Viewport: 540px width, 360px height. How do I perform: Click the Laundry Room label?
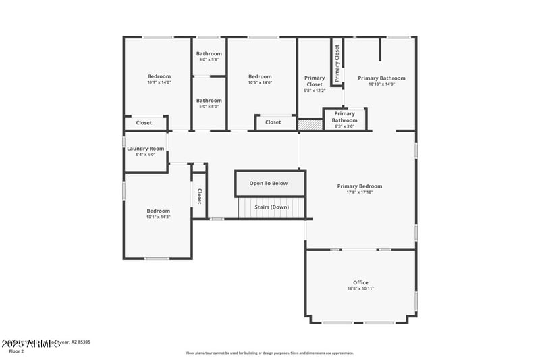146,149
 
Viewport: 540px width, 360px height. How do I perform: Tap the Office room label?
360,282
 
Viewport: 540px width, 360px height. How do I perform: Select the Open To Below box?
269,183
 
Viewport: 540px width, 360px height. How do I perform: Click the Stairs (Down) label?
272,207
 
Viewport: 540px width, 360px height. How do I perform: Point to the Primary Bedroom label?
360,186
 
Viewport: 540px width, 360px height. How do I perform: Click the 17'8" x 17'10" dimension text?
360,192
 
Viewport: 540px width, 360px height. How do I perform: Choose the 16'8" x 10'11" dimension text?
360,288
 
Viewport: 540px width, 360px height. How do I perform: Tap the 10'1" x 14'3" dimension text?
159,217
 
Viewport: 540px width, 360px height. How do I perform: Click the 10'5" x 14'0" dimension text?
260,82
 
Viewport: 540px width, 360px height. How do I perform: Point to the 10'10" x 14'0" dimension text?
381,84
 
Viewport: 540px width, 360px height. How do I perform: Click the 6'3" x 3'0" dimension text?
344,126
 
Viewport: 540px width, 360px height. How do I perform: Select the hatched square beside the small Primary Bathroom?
310,125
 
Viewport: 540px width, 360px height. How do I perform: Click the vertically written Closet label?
200,196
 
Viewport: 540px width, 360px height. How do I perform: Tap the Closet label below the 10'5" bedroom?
273,122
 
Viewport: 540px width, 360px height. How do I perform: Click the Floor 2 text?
16,351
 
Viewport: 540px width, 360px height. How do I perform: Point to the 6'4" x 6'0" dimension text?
146,155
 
